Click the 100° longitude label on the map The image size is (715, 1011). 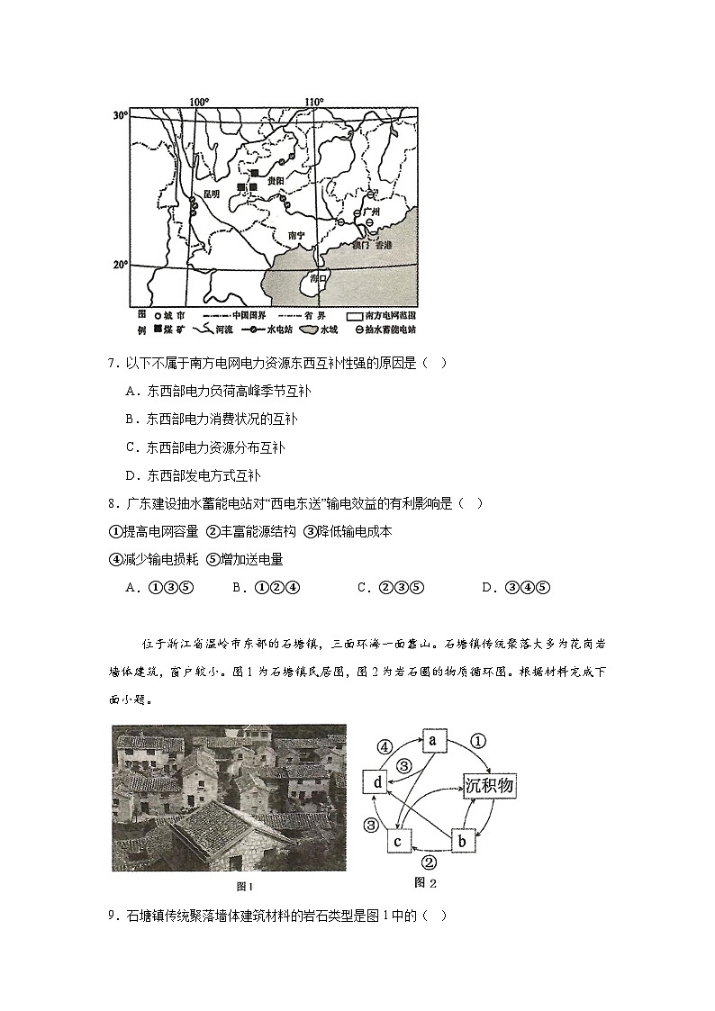[x=198, y=102]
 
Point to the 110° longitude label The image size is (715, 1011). [x=312, y=102]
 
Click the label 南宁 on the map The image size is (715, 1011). [x=297, y=236]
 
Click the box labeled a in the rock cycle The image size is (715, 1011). [x=432, y=740]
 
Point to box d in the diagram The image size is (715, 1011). [x=377, y=783]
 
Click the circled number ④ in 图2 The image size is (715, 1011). [x=384, y=746]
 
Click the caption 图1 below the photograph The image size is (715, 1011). [x=231, y=887]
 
